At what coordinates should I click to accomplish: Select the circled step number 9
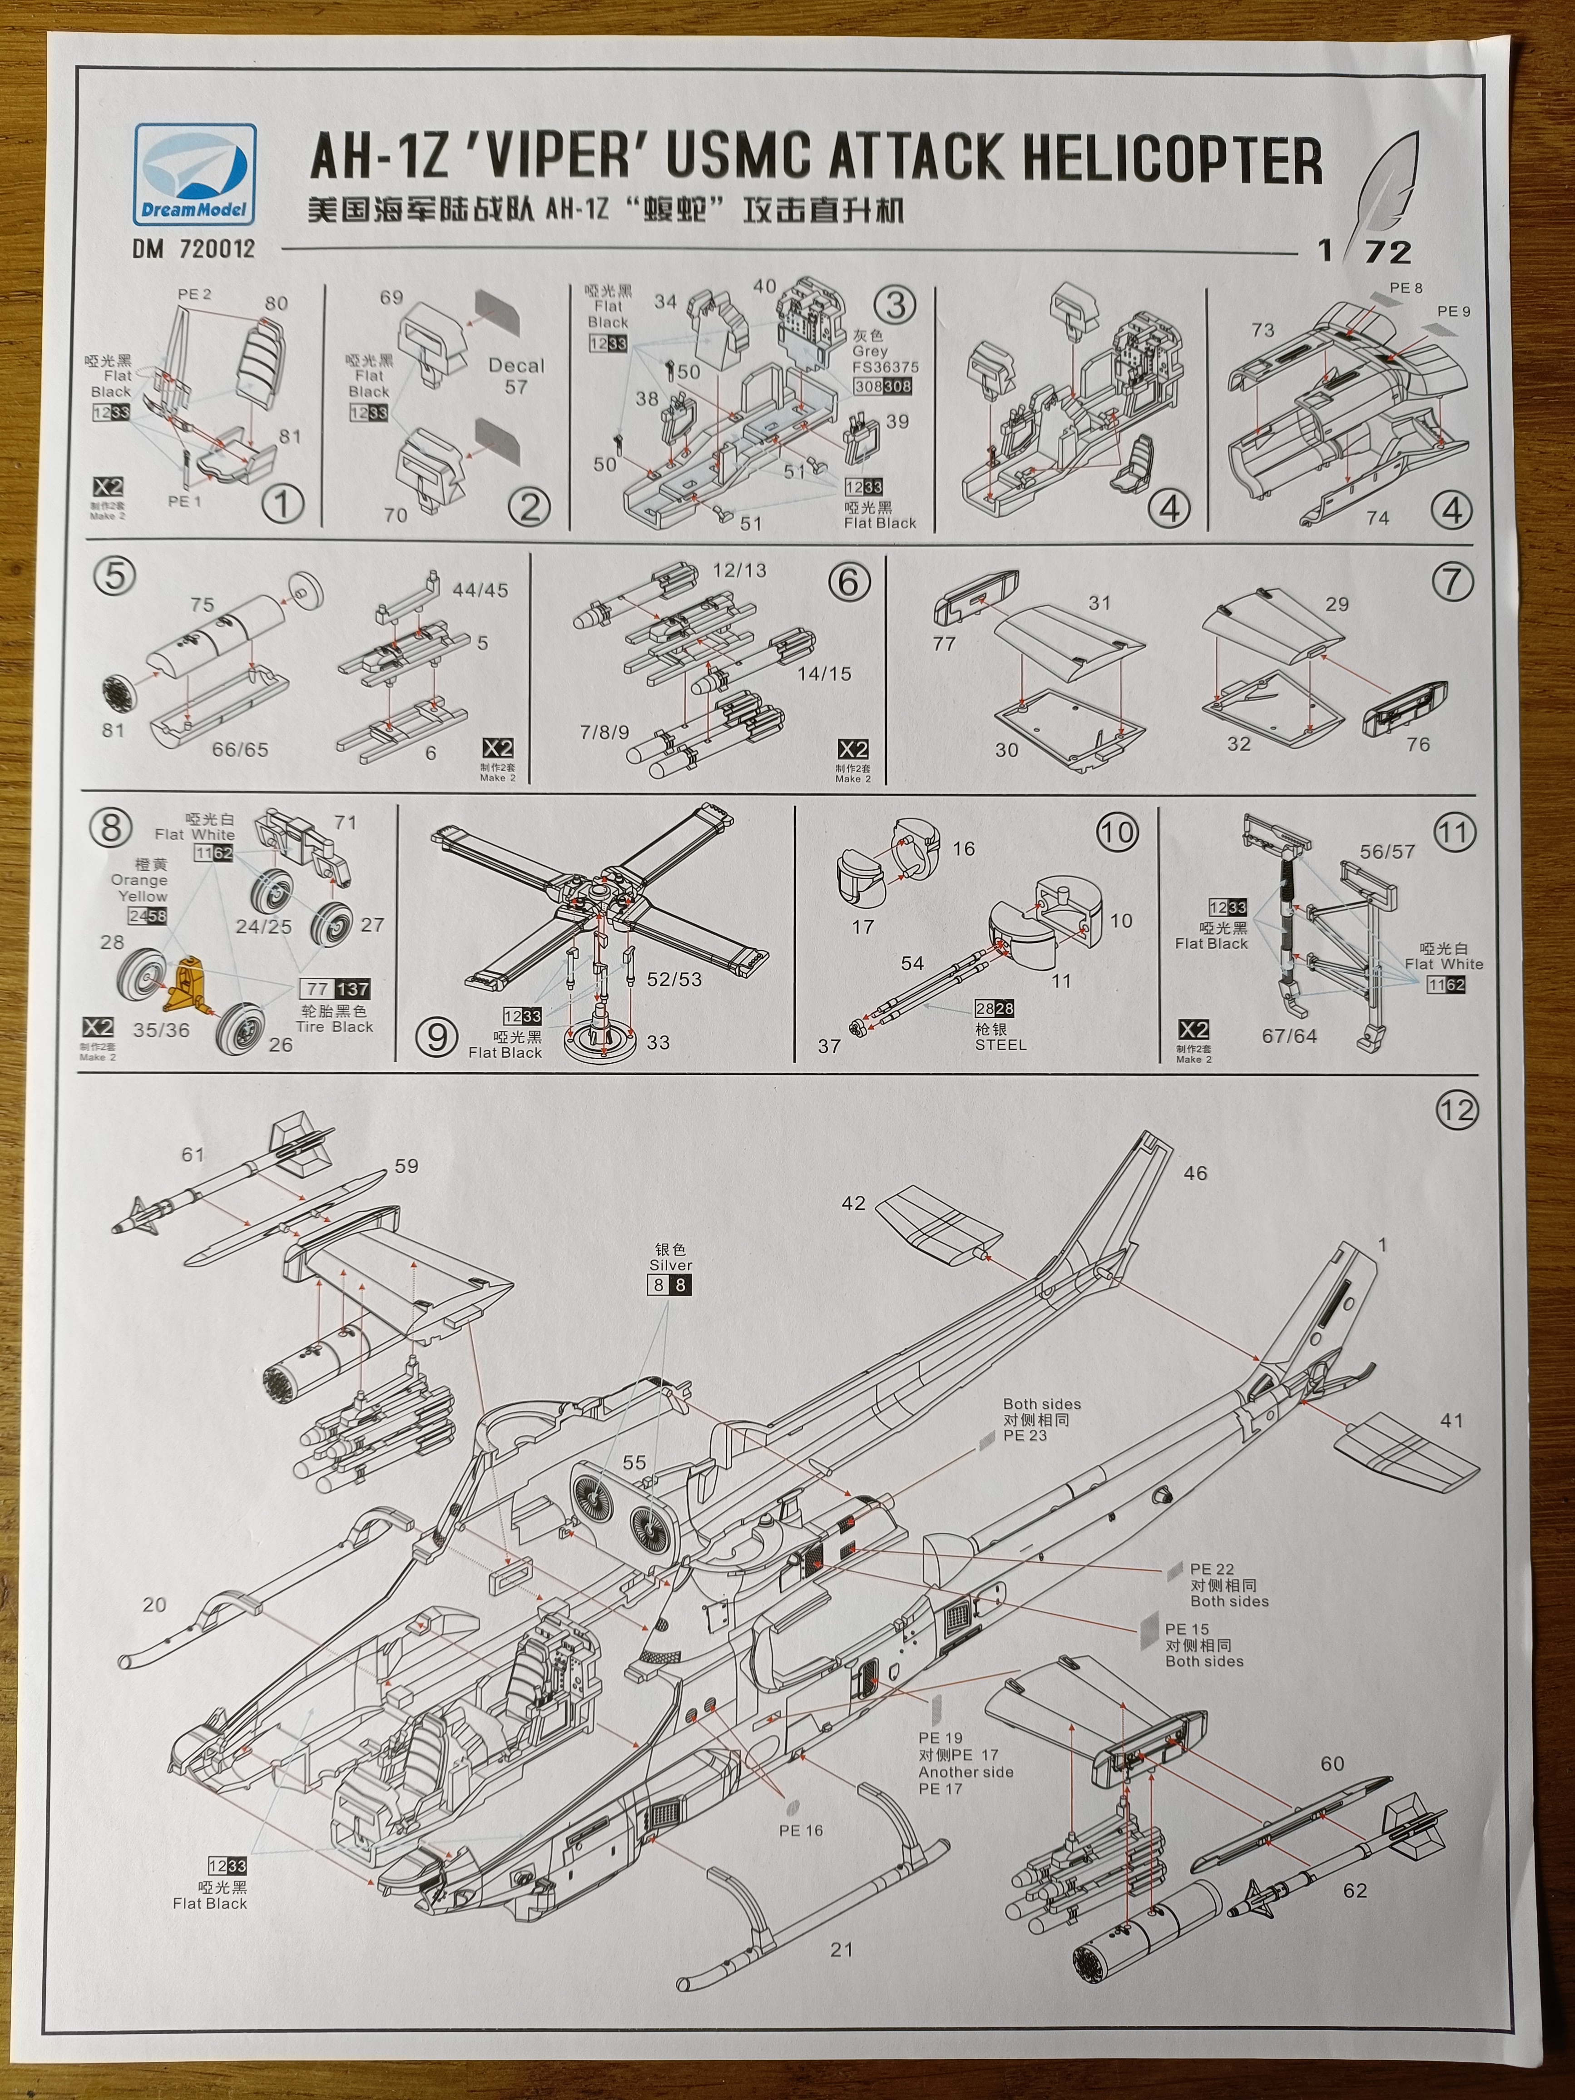click(x=437, y=1037)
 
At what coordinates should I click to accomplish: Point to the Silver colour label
click(x=670, y=1266)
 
